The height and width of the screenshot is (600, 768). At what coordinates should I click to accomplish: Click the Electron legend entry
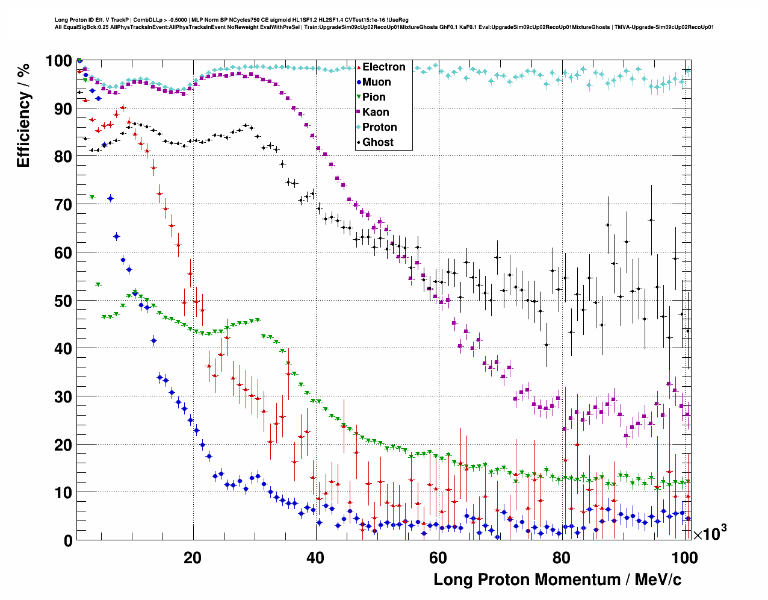tap(383, 67)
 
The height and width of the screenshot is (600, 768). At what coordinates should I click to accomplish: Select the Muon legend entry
tap(376, 82)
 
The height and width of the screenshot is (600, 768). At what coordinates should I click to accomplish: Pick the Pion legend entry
tap(374, 97)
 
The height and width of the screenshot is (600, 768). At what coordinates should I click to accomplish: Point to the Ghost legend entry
tap(377, 142)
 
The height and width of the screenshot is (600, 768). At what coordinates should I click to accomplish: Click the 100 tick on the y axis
tap(59, 61)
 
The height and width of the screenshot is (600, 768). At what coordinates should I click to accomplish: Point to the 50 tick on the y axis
tap(63, 301)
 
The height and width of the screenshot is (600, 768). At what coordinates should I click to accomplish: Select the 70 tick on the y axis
tap(63, 205)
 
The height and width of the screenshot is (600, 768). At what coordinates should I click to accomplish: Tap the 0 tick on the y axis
tap(67, 541)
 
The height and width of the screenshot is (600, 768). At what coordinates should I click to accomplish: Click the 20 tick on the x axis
tap(193, 558)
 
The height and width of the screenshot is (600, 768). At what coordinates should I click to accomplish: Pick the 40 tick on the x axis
tap(315, 558)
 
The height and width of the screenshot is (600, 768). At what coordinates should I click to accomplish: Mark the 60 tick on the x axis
tap(438, 558)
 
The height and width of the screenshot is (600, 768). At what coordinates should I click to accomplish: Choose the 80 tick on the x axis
tap(561, 558)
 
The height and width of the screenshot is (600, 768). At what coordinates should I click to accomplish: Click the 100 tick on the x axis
tap(684, 558)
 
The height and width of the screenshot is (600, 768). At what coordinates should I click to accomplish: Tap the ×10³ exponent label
tap(710, 533)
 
